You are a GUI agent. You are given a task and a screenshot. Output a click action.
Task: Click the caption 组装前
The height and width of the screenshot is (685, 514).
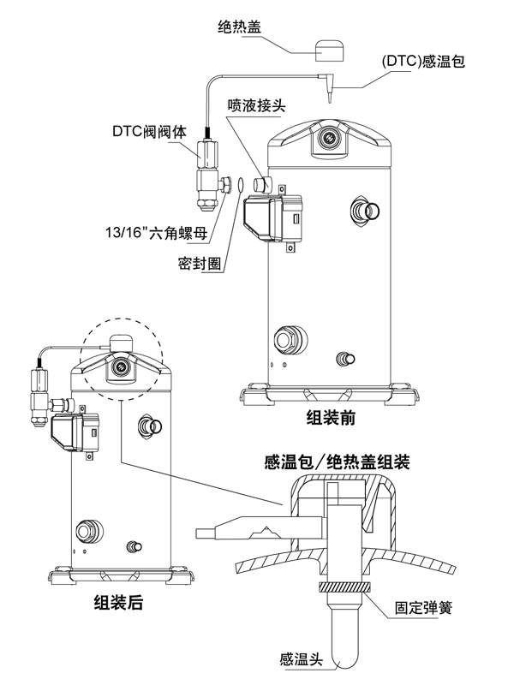[x=331, y=419]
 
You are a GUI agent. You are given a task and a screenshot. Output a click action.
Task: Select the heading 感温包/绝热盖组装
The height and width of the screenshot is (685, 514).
[x=336, y=463]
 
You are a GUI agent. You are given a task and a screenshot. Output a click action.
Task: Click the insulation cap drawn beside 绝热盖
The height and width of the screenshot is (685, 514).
[x=328, y=50]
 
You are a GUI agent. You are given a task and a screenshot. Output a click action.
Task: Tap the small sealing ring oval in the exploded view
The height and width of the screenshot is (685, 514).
[x=242, y=184]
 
